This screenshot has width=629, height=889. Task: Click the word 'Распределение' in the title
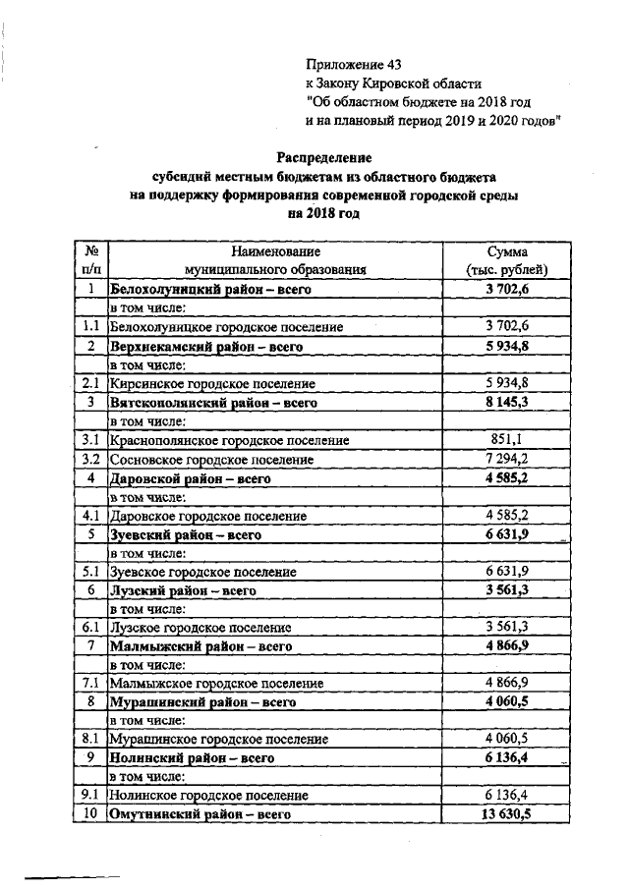[x=324, y=157]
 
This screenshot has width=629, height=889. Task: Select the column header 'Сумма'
[x=507, y=251]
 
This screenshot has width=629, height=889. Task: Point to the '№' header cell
[x=90, y=251]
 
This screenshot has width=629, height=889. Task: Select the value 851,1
[x=507, y=441]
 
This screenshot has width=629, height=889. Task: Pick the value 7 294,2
[x=507, y=460]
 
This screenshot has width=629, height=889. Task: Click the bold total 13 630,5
[x=507, y=815]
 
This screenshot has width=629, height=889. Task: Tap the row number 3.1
[x=90, y=441]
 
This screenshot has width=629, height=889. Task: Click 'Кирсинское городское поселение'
[x=212, y=384]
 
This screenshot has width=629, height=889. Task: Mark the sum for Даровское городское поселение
[x=507, y=516]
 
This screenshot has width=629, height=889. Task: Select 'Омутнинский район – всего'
[x=200, y=815]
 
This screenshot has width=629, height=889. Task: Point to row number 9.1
[x=90, y=796]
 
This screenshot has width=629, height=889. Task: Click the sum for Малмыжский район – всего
[x=507, y=646]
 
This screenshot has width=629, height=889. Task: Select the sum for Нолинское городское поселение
[x=507, y=796]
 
